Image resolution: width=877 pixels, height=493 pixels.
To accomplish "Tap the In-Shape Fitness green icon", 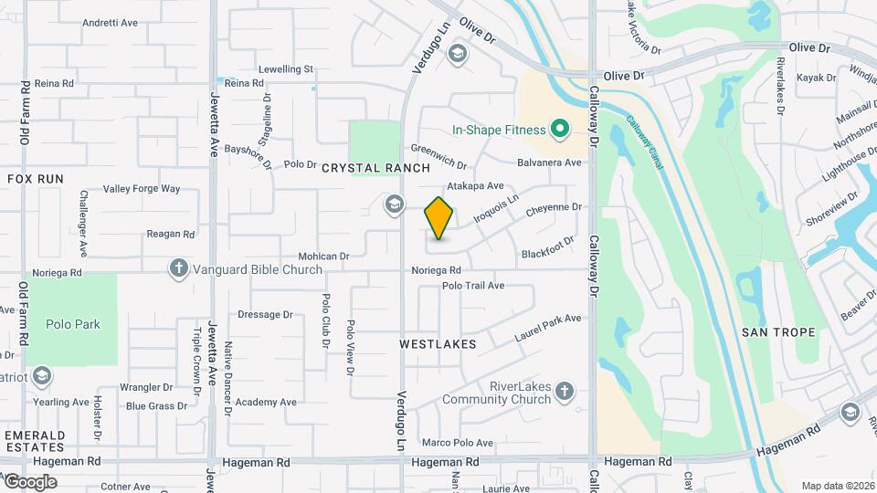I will [x=560, y=130].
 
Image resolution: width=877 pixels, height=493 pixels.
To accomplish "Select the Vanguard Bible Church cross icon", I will [x=178, y=268].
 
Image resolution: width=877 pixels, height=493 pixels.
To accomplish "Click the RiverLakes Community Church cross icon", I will [x=565, y=392].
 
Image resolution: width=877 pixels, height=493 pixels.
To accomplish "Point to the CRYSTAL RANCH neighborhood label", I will [x=375, y=168].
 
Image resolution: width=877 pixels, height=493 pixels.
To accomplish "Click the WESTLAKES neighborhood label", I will [x=438, y=344].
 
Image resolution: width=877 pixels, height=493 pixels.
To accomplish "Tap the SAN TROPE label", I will [x=778, y=332].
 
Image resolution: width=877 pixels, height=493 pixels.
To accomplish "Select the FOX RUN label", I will [x=36, y=179].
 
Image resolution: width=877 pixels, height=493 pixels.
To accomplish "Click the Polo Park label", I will [x=72, y=324].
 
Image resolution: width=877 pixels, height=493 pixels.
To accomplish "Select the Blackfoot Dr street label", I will [x=548, y=247].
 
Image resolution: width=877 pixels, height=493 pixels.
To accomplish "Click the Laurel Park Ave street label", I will [x=548, y=324].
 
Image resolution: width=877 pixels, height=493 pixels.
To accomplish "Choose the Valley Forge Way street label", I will [x=142, y=189].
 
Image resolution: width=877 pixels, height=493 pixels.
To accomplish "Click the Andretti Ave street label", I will [x=109, y=23].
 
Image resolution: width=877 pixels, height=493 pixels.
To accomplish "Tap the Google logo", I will [x=29, y=481].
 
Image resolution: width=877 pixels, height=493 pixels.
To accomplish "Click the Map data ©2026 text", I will [x=837, y=486].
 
